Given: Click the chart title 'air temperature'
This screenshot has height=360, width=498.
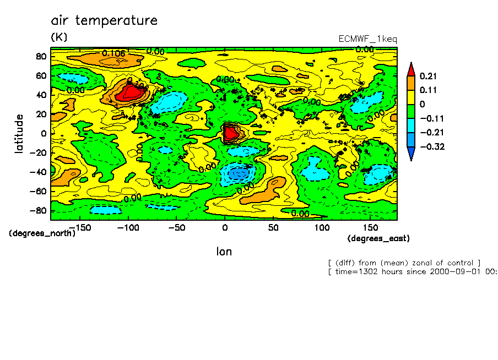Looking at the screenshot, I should pyautogui.click(x=104, y=21).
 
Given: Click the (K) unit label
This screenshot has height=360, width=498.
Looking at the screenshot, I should pyautogui.click(x=59, y=37).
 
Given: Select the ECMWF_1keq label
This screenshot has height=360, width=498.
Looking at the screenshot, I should pyautogui.click(x=367, y=39).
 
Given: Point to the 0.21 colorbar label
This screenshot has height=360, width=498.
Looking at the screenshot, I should pyautogui.click(x=428, y=76).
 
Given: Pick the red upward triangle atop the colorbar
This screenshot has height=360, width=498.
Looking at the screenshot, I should pyautogui.click(x=411, y=69).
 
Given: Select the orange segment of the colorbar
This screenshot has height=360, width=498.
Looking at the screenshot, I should pyautogui.click(x=411, y=83).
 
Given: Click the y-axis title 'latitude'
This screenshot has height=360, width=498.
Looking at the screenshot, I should pyautogui.click(x=20, y=134).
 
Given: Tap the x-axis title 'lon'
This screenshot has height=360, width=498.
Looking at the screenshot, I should pyautogui.click(x=224, y=252).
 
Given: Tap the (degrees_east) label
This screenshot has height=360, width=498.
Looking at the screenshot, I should pyautogui.click(x=378, y=238).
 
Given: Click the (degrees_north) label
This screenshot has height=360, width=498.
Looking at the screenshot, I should pyautogui.click(x=42, y=233).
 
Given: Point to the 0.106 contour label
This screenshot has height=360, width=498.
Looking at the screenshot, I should pyautogui.click(x=114, y=53).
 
